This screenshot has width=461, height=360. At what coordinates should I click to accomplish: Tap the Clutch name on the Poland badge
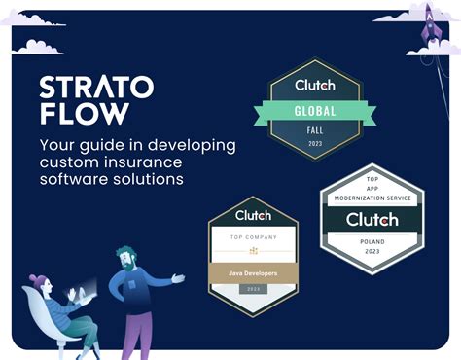[x=372, y=219]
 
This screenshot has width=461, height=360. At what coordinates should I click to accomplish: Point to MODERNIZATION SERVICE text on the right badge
[x=372, y=198]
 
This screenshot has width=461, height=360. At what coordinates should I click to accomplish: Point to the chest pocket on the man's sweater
[x=136, y=288]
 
